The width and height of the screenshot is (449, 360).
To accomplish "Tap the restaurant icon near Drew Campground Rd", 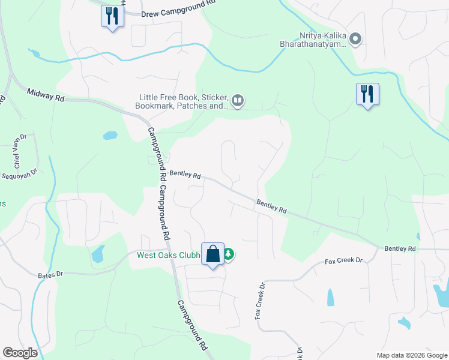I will point(112,16).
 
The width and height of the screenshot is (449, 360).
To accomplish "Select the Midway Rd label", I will point(46,94).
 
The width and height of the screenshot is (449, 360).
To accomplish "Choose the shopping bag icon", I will point(213,254).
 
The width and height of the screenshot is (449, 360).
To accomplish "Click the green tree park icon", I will point(228,255).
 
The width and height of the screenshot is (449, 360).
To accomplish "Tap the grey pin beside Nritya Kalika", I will point(355,40).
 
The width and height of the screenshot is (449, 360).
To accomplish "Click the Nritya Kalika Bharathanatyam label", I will point(313,40).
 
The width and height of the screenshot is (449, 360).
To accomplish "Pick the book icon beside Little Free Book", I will point(238,101).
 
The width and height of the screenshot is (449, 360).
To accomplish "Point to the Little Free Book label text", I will point(184,101).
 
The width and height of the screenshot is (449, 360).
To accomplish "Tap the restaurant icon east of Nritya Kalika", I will point(367,94).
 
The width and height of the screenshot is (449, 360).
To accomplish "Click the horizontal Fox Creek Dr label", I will point(345,261).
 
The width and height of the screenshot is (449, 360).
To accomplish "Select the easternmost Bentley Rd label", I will point(400,248).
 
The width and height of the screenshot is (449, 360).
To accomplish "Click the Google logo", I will point(20,353).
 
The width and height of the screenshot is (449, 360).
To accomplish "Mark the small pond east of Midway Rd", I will point(110,136).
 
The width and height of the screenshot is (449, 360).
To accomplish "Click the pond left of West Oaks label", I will point(97,254).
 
